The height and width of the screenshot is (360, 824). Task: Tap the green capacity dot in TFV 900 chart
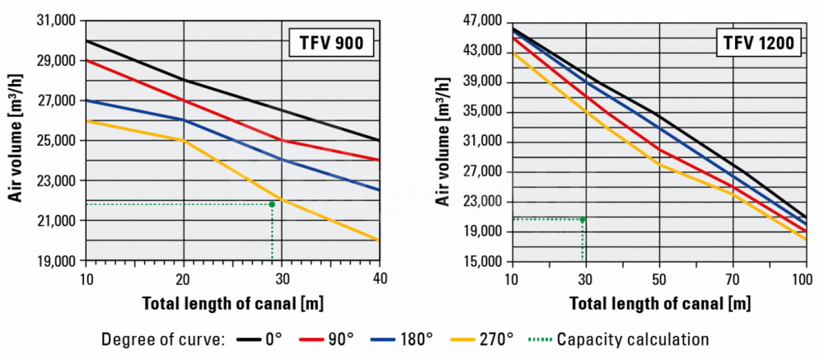[272, 203]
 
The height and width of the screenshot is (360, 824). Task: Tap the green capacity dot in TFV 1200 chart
[583, 219]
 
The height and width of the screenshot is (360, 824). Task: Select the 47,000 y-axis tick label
[482, 20]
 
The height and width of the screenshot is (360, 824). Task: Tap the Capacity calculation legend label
[632, 338]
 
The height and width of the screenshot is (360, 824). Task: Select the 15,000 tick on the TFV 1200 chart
[482, 261]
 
